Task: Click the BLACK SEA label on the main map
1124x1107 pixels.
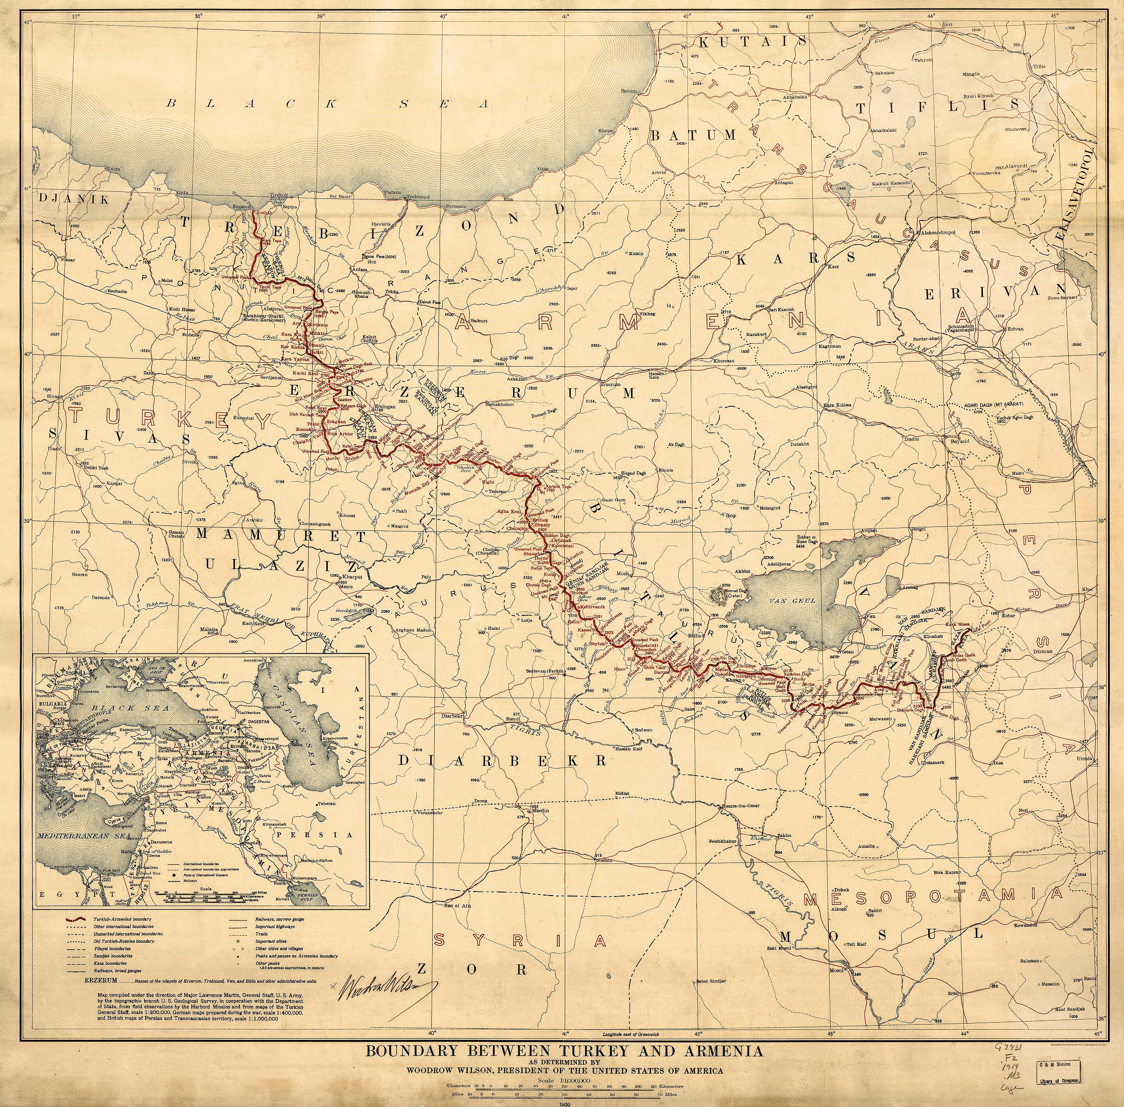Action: pyautogui.click(x=328, y=104)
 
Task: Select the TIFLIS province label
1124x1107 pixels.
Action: pyautogui.click(x=937, y=107)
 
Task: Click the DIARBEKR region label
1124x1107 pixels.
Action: pyautogui.click(x=504, y=760)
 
